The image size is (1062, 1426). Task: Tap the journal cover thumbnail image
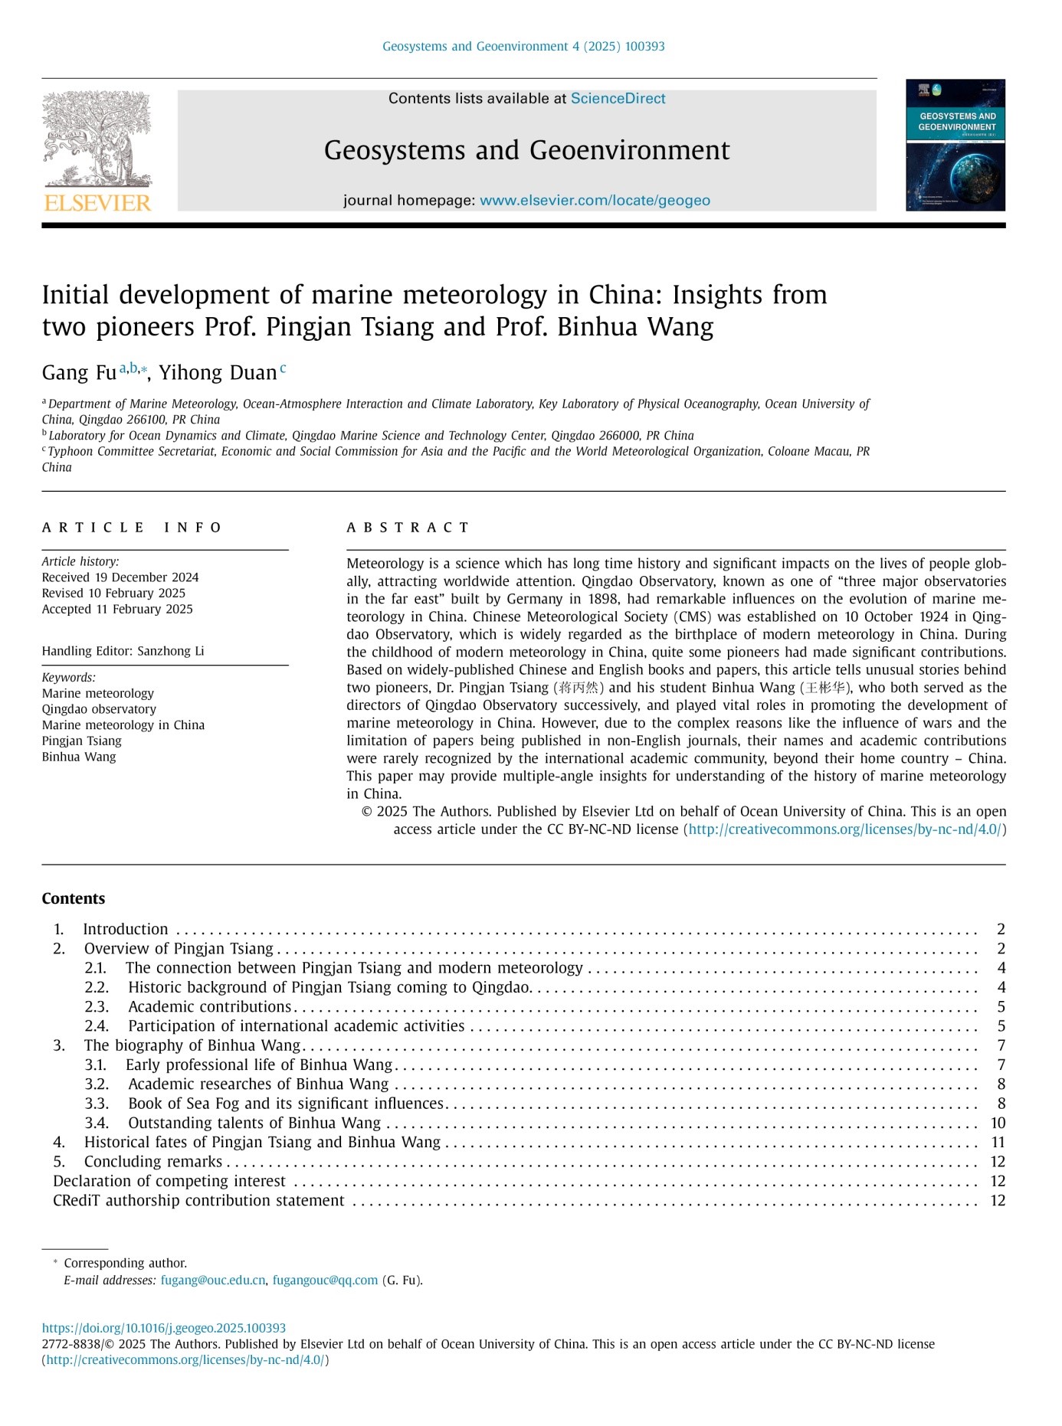click(955, 145)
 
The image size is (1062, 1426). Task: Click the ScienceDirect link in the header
click(618, 99)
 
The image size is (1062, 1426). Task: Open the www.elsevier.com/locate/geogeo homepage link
click(595, 201)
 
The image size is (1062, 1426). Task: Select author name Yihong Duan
click(218, 373)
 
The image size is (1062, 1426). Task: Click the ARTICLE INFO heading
click(131, 528)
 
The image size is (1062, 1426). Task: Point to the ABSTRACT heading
click(408, 528)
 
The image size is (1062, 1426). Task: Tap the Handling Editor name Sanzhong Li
click(170, 651)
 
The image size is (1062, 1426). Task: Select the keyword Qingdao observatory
click(99, 709)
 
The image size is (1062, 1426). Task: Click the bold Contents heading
click(74, 898)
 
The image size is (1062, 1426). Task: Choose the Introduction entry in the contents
click(125, 929)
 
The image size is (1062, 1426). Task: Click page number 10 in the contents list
click(997, 1123)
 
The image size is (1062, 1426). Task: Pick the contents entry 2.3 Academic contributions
click(209, 1006)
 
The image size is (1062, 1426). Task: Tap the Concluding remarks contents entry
click(152, 1161)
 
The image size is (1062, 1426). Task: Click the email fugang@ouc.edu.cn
click(213, 1280)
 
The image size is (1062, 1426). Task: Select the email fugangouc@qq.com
click(325, 1280)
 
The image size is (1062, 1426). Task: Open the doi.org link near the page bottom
click(164, 1328)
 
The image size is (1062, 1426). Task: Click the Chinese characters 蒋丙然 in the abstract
click(579, 688)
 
